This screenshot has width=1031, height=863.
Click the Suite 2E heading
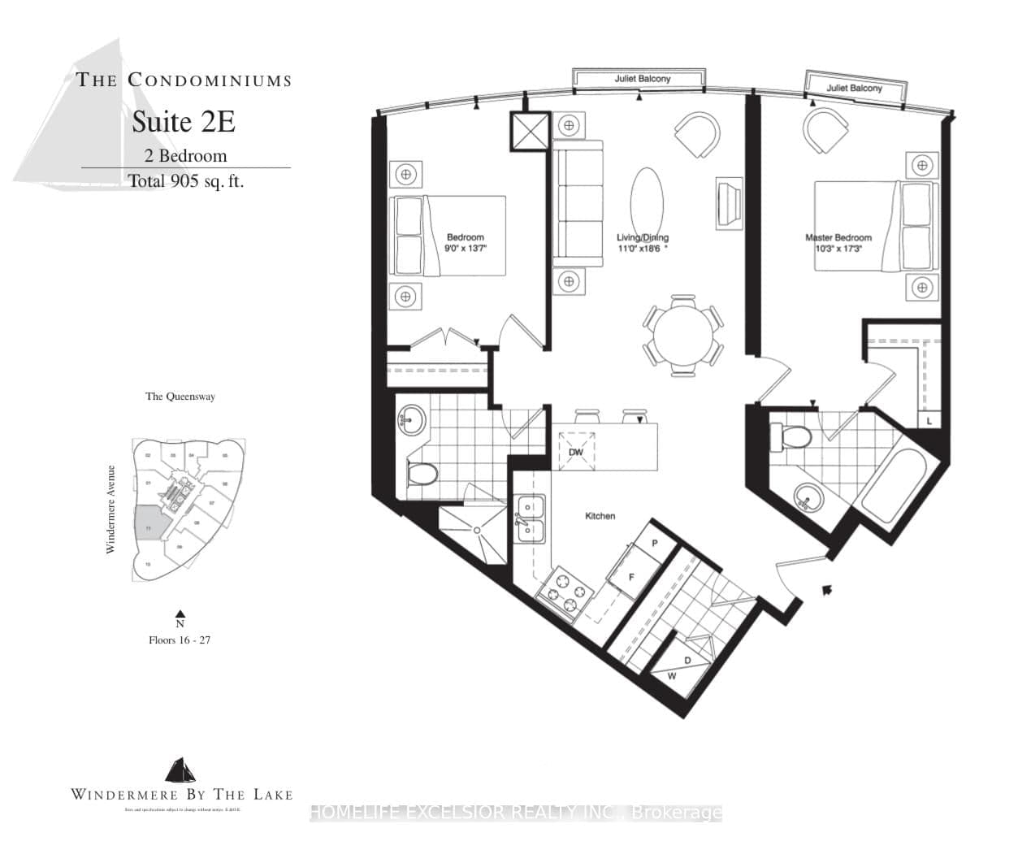click(184, 122)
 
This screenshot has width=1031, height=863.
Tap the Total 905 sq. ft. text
click(186, 181)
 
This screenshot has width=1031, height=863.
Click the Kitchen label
click(600, 516)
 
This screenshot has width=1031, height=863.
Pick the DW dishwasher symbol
click(576, 452)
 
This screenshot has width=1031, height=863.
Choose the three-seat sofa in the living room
click(578, 203)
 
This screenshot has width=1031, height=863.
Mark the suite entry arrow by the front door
click(827, 590)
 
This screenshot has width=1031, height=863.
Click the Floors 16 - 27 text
click(180, 640)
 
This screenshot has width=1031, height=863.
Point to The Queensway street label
click(180, 397)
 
